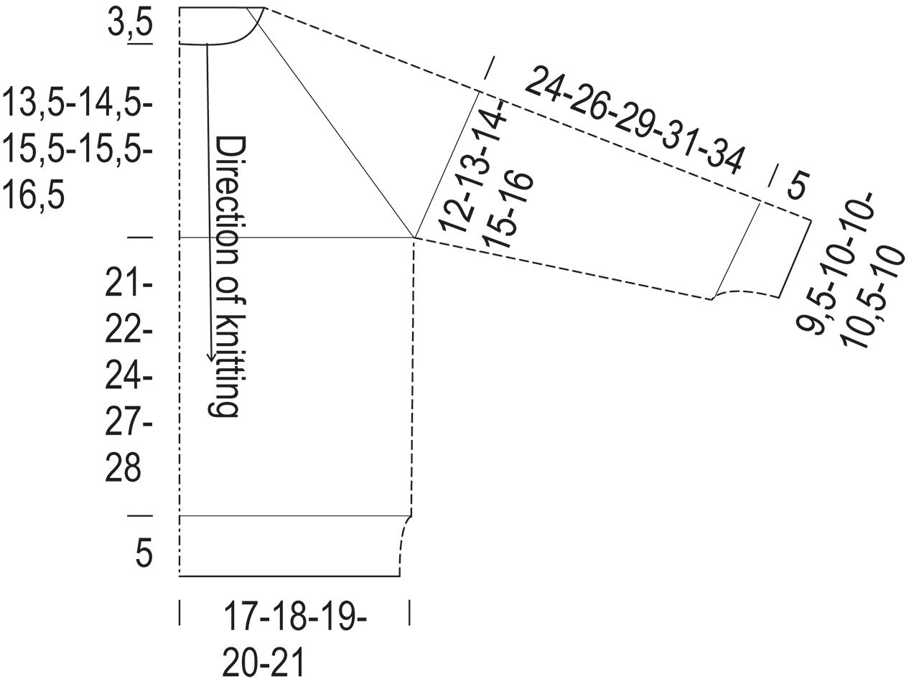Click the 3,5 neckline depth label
click(130, 24)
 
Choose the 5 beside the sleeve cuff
click(797, 185)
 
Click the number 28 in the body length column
click(123, 468)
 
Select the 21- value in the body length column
click(129, 283)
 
